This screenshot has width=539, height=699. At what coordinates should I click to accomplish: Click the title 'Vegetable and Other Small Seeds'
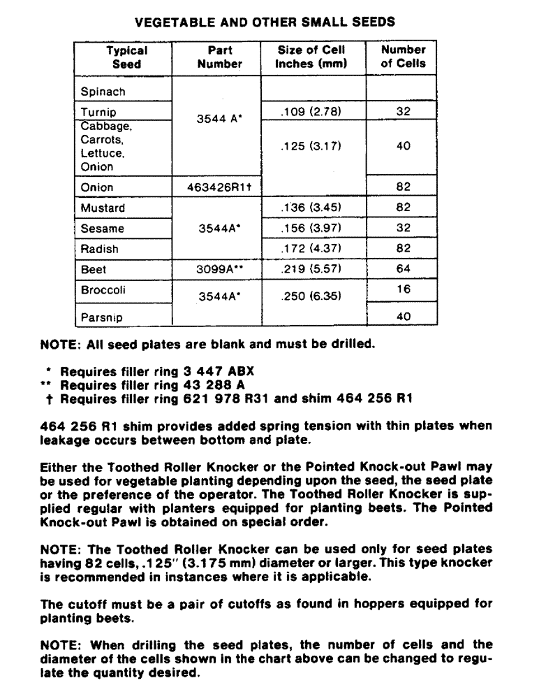(265, 22)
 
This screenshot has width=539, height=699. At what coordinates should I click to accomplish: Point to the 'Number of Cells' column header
(403, 57)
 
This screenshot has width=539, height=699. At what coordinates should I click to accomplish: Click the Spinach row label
(103, 92)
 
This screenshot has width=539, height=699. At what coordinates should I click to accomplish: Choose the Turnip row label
(98, 112)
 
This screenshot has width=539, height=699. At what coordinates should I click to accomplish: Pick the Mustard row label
(103, 208)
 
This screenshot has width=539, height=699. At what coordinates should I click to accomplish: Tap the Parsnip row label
(101, 317)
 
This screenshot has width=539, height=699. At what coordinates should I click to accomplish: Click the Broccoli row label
(103, 290)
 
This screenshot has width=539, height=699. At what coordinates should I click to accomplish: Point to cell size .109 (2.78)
(313, 112)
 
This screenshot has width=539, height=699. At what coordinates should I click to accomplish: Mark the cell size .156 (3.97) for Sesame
(313, 229)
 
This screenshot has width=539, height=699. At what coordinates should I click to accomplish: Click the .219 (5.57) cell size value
(313, 269)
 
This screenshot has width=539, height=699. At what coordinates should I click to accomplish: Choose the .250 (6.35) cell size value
(313, 296)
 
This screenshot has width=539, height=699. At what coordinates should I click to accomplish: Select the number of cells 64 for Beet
(403, 269)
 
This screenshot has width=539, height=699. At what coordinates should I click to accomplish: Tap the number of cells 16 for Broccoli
(403, 289)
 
